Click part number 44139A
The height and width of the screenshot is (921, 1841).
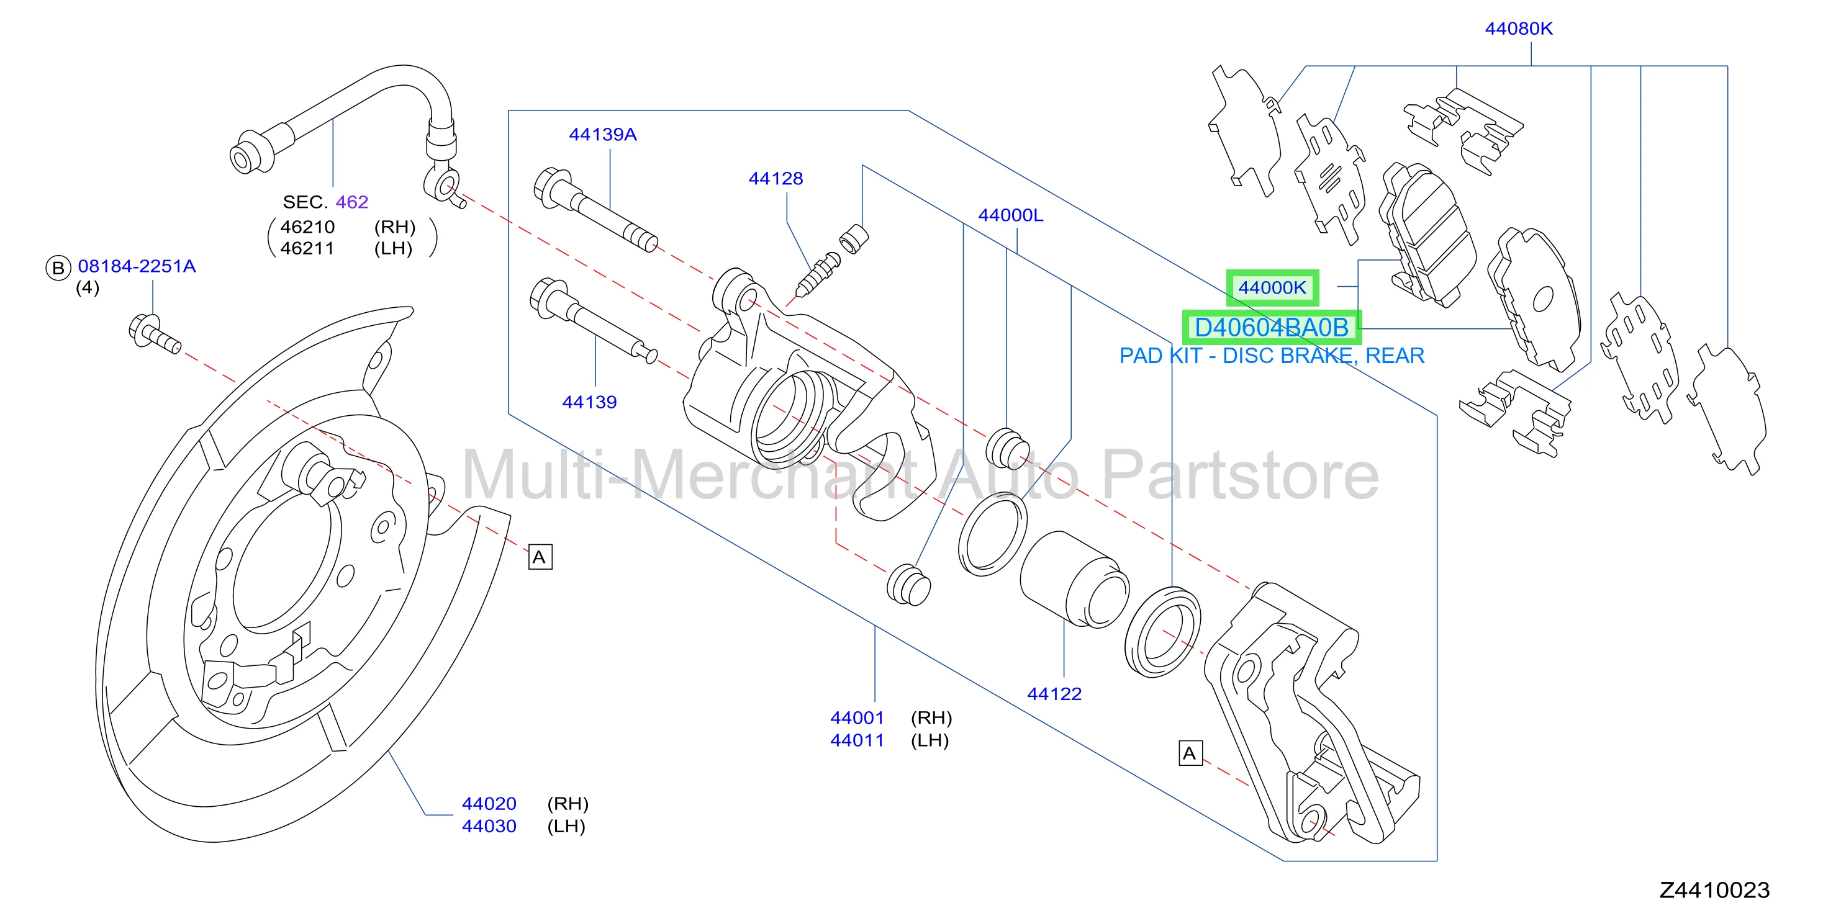tap(602, 134)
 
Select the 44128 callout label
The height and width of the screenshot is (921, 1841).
tap(776, 179)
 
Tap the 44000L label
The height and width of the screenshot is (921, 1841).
tap(1011, 215)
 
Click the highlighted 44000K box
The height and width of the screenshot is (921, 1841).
tap(1272, 288)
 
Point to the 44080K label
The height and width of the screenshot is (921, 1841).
tap(1519, 29)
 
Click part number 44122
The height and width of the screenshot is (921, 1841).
tap(1054, 694)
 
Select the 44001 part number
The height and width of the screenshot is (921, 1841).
tap(857, 717)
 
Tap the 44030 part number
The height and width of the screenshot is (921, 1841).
tap(489, 826)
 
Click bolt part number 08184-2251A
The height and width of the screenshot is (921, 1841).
tap(137, 266)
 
